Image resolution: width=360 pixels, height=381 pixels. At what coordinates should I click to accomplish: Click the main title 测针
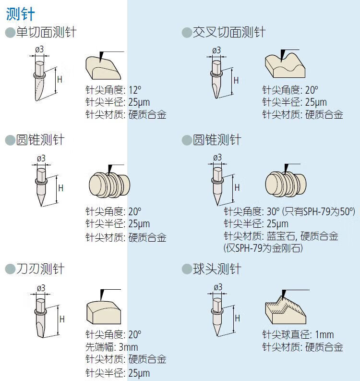pyautogui.click(x=20, y=14)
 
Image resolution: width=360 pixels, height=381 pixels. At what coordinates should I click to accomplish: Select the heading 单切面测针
pyautogui.click(x=47, y=32)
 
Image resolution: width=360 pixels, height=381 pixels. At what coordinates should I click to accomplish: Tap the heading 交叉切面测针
pyautogui.click(x=229, y=32)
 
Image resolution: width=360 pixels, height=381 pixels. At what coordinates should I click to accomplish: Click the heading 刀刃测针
pyautogui.click(x=40, y=269)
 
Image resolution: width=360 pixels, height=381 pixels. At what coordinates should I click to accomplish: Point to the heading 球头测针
pyautogui.click(x=217, y=269)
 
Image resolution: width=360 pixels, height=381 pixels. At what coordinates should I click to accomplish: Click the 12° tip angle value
pyautogui.click(x=135, y=90)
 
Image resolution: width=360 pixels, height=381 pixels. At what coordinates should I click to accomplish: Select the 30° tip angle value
pyautogui.click(x=273, y=211)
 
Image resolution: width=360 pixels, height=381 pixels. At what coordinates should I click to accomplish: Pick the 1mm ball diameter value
pyautogui.click(x=324, y=335)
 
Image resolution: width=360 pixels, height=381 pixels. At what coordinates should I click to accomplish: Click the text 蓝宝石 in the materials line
pyautogui.click(x=281, y=236)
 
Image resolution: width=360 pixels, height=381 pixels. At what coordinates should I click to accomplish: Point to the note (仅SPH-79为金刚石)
pyautogui.click(x=263, y=248)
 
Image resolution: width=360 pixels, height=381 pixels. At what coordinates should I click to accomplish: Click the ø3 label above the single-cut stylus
pyautogui.click(x=39, y=49)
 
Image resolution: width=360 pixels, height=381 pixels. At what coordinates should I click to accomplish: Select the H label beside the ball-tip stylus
pyautogui.click(x=238, y=318)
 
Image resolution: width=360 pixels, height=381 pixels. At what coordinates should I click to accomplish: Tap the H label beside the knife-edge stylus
pyautogui.click(x=62, y=319)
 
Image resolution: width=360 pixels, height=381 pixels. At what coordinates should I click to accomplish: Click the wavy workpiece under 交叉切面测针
pyautogui.click(x=285, y=64)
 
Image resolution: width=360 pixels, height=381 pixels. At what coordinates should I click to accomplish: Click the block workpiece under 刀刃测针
pyautogui.click(x=104, y=312)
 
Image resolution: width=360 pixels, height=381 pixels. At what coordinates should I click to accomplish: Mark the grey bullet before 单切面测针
pyautogui.click(x=10, y=33)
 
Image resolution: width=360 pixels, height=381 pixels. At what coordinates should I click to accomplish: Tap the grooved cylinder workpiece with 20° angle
pyautogui.click(x=109, y=184)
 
